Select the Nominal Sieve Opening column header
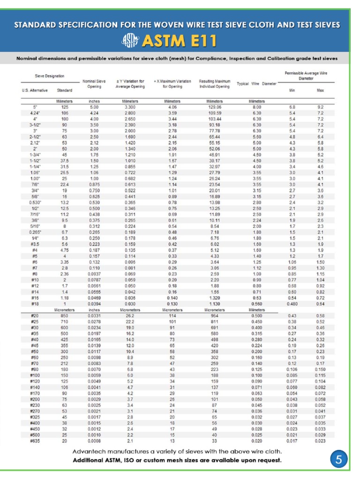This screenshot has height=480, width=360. pyautogui.click(x=94, y=83)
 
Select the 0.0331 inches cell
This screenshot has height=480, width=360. pyautogui.click(x=94, y=315)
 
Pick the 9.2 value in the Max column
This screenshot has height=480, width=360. pyautogui.click(x=320, y=107)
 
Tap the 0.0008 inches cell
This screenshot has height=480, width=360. pyautogui.click(x=94, y=441)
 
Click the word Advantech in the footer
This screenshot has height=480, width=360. pyautogui.click(x=89, y=451)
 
